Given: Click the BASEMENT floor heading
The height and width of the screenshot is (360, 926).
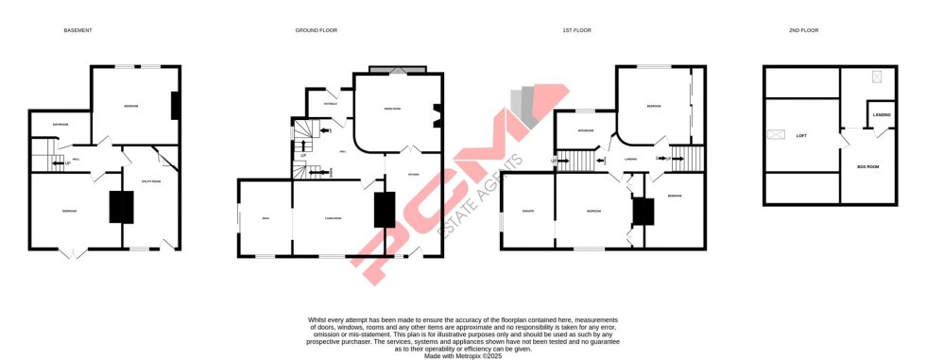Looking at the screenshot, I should pyautogui.click(x=77, y=30).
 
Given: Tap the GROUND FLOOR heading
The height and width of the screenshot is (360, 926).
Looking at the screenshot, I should pyautogui.click(x=316, y=30).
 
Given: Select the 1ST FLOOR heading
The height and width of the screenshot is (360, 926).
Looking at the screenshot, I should pyautogui.click(x=576, y=30).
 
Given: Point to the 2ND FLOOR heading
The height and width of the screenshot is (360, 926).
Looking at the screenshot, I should pyautogui.click(x=804, y=30).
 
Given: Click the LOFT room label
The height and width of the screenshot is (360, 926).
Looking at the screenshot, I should pyautogui.click(x=801, y=136).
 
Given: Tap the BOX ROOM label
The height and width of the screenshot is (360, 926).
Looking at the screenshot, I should pyautogui.click(x=867, y=166).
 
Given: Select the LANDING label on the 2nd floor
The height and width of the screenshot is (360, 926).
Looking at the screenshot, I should pyautogui.click(x=882, y=115).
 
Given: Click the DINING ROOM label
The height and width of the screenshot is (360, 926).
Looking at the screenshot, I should pyautogui.click(x=390, y=110).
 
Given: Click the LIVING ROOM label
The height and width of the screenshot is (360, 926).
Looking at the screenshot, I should pyautogui.click(x=333, y=218).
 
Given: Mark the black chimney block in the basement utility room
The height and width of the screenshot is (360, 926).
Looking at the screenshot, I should pyautogui.click(x=122, y=207).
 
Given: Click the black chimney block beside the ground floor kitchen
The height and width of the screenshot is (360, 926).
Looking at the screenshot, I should pyautogui.click(x=385, y=209).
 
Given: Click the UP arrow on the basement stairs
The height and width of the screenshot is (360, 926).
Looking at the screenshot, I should pyautogui.click(x=65, y=163).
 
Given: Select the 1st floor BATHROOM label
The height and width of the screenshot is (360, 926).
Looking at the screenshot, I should pyautogui.click(x=585, y=130).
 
